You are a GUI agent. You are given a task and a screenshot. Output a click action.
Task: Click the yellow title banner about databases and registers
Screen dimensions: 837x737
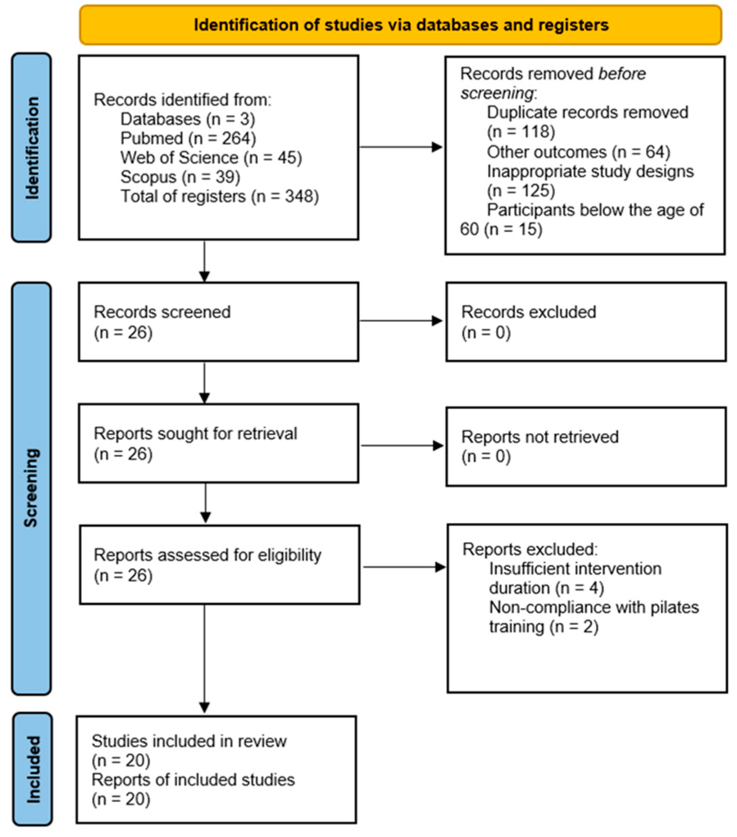click(401, 25)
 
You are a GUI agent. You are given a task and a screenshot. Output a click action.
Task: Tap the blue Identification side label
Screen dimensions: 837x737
click(31, 148)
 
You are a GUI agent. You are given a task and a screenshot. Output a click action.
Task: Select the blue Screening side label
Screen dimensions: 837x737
click(31, 488)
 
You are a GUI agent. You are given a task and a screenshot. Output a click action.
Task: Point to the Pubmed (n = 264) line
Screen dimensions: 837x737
click(188, 138)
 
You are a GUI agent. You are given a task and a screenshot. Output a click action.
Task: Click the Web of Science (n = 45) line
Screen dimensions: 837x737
click(211, 158)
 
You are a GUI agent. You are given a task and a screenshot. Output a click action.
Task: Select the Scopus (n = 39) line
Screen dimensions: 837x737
click(180, 177)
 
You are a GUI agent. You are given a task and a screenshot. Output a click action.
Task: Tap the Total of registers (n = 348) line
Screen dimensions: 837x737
click(220, 196)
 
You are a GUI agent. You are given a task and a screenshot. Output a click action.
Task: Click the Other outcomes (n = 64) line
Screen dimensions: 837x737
click(578, 152)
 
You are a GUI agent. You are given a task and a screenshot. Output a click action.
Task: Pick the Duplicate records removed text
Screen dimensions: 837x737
click(587, 112)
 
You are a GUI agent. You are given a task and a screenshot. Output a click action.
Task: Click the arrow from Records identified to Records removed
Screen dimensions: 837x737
click(401, 147)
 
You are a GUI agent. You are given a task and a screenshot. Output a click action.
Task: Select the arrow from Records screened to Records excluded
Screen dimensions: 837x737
click(401, 321)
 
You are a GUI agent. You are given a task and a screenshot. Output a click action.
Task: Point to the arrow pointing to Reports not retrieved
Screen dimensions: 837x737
click(401, 445)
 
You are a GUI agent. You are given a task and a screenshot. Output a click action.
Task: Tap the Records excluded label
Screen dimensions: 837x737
click(528, 312)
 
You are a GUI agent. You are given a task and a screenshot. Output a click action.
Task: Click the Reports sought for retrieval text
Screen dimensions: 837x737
click(195, 434)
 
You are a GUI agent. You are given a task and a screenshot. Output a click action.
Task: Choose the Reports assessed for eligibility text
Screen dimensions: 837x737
click(207, 555)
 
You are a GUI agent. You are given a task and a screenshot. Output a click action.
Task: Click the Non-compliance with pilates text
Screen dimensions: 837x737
click(594, 607)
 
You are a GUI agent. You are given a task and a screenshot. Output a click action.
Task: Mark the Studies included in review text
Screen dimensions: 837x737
click(189, 741)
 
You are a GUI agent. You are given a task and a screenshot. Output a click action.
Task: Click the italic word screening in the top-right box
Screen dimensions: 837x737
click(497, 93)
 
